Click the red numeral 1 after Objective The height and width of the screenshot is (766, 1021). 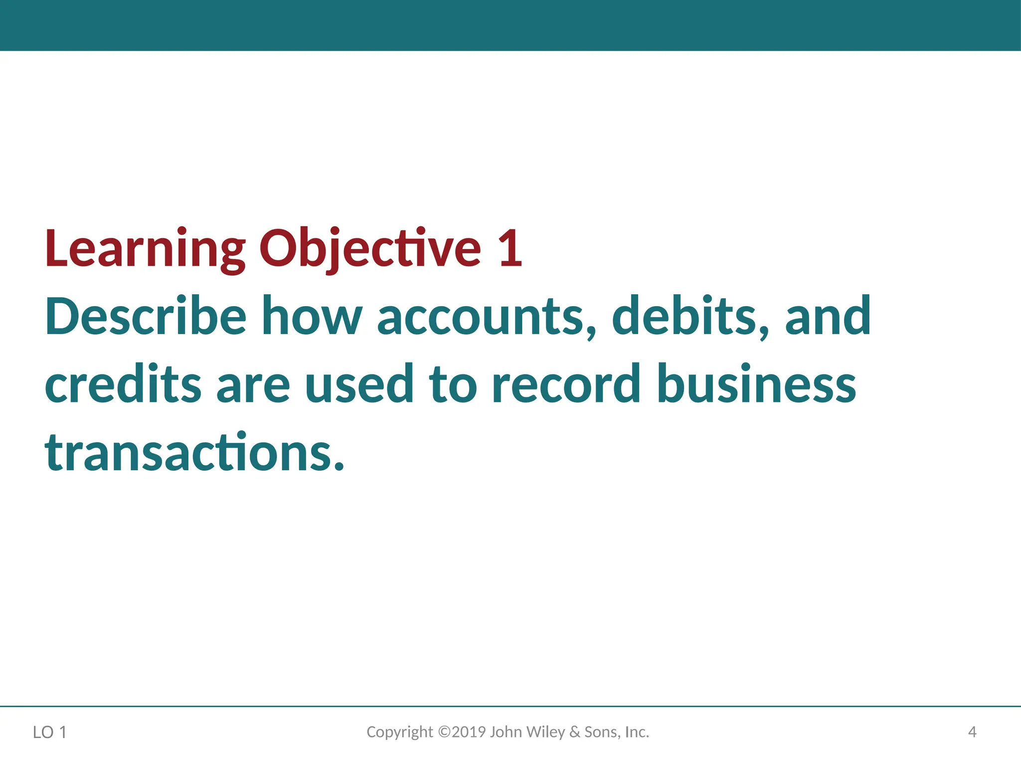pyautogui.click(x=510, y=248)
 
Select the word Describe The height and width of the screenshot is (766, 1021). pyautogui.click(x=146, y=316)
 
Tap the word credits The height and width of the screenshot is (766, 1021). pyautogui.click(x=123, y=384)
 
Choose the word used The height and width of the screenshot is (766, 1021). pyautogui.click(x=359, y=384)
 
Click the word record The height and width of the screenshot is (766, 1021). pyautogui.click(x=566, y=384)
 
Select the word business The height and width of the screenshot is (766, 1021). pyautogui.click(x=756, y=384)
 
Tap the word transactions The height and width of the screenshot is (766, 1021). pyautogui.click(x=194, y=453)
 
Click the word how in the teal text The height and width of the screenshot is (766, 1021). pyautogui.click(x=312, y=316)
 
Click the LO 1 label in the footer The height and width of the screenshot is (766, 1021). pyautogui.click(x=49, y=733)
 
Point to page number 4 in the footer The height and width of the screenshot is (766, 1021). pyautogui.click(x=972, y=732)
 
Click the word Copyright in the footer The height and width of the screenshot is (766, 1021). pyautogui.click(x=400, y=732)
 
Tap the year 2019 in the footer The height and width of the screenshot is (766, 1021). pyautogui.click(x=469, y=732)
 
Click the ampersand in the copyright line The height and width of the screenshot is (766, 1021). pyautogui.click(x=575, y=732)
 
